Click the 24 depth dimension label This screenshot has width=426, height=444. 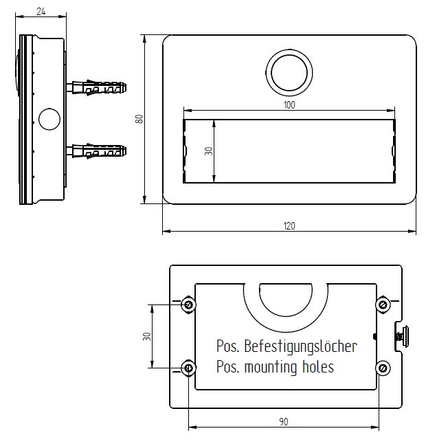41,11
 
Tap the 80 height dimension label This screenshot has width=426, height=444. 139,119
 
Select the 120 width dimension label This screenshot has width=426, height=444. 289,226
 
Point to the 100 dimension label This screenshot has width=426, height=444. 289,104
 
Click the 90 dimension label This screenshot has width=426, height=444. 284,421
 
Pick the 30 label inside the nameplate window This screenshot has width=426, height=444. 209,151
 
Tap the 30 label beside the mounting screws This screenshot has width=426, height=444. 146,336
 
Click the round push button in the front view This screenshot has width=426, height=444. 289,73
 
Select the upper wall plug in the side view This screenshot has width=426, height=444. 96,87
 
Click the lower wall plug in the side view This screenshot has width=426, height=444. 96,151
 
